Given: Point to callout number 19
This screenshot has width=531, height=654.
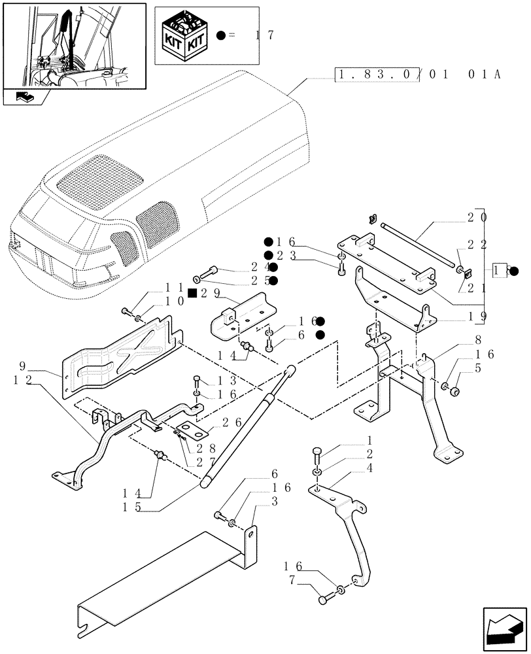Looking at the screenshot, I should click(x=475, y=317).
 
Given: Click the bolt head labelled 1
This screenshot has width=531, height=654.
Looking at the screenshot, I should click(x=317, y=452).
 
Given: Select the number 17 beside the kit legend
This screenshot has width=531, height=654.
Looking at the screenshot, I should click(x=258, y=35).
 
